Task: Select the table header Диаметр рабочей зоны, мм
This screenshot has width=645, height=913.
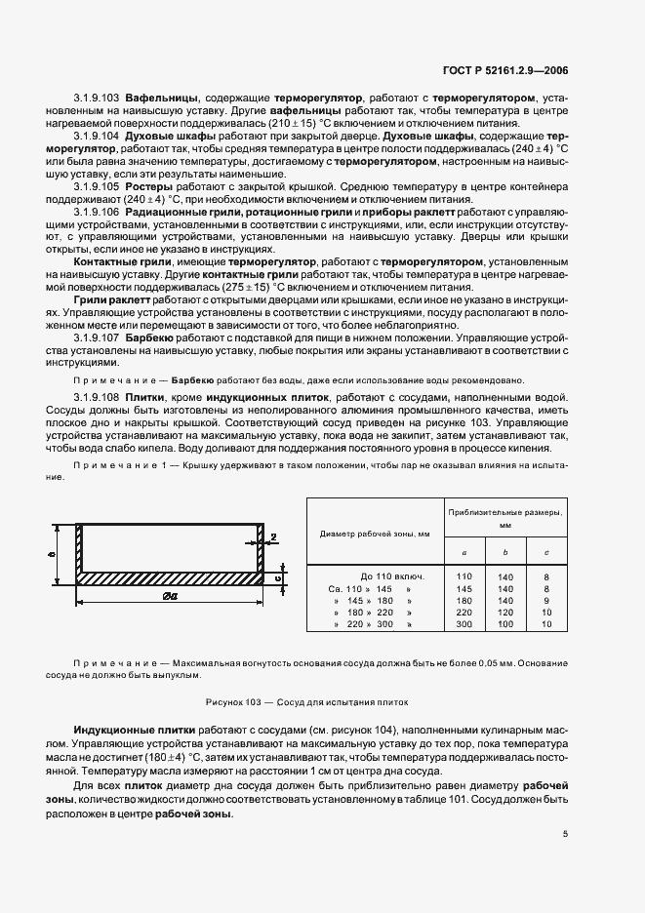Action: coord(375,534)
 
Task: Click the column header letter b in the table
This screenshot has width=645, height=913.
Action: coord(504,552)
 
